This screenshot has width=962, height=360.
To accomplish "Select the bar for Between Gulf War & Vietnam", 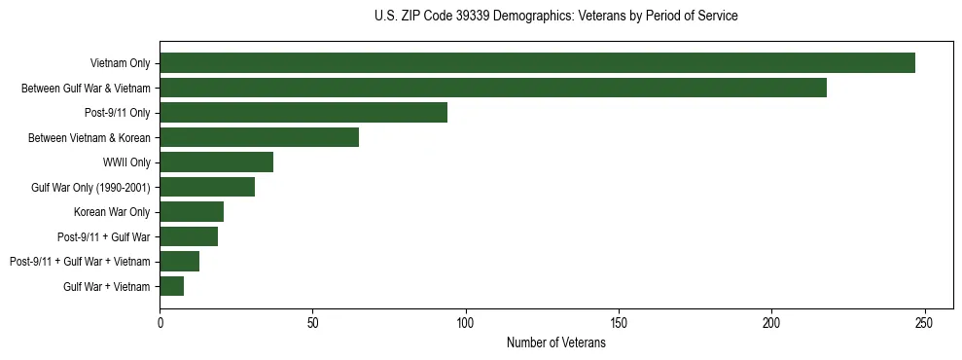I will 493,88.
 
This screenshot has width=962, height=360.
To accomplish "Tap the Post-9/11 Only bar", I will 303,113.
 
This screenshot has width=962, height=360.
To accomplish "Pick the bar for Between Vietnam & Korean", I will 259,137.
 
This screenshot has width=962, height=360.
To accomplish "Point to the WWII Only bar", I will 216,162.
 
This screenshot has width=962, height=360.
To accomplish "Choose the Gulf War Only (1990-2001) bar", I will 207,187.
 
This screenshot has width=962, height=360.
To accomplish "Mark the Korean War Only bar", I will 192,211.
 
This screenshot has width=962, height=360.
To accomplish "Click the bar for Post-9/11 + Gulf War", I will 189,236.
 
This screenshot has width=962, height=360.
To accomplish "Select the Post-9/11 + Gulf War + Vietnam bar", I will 180,261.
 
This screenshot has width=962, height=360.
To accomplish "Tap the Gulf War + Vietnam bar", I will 172,286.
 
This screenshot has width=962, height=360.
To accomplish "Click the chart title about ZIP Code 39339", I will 555,16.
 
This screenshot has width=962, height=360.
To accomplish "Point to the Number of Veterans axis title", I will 555,342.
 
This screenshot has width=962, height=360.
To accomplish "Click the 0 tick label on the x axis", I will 160,322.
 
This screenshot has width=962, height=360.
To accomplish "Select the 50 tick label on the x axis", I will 312,322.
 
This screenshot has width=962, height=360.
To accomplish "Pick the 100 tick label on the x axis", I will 466,322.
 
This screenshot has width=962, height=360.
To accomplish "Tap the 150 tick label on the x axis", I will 619,322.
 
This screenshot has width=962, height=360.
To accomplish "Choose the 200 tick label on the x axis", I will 771,322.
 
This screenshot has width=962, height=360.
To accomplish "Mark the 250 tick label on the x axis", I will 925,322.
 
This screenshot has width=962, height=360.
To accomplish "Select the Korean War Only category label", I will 112,211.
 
